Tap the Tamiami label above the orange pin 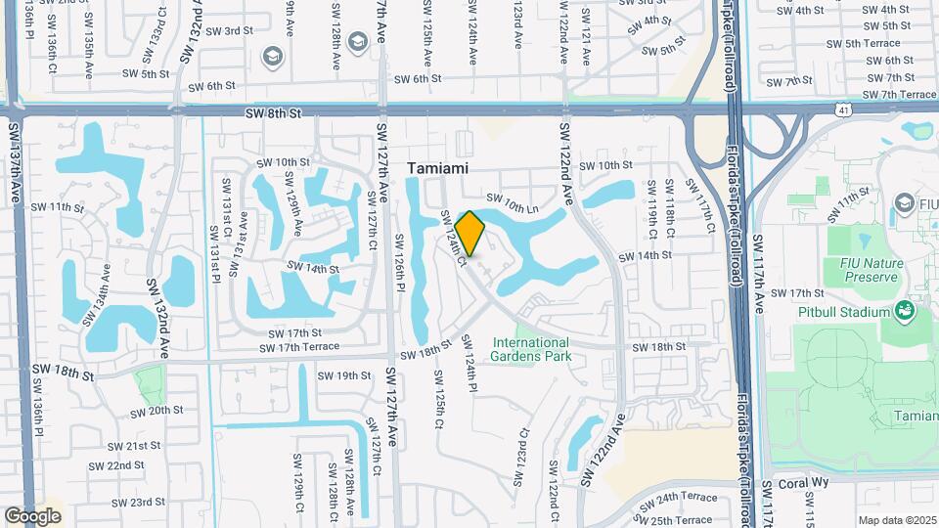tap(437, 168)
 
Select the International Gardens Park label tap(530, 349)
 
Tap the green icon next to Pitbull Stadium tap(904, 312)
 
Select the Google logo tap(33, 515)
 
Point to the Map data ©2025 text tap(897, 520)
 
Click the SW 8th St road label tap(273, 114)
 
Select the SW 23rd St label tap(135, 503)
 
